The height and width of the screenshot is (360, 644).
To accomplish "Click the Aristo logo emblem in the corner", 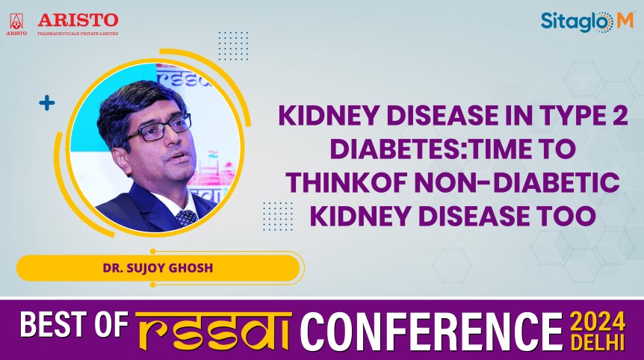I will click(x=16, y=22).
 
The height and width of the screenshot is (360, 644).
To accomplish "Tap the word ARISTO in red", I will click(x=78, y=18).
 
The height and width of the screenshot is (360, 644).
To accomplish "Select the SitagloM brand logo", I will click(x=586, y=22).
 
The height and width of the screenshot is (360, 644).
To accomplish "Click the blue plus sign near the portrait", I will click(x=47, y=103).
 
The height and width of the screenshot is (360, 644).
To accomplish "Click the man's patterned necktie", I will click(x=186, y=217).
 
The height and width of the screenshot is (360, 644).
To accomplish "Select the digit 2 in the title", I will click(x=616, y=117).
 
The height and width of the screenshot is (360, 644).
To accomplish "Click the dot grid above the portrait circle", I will click(x=233, y=46).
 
